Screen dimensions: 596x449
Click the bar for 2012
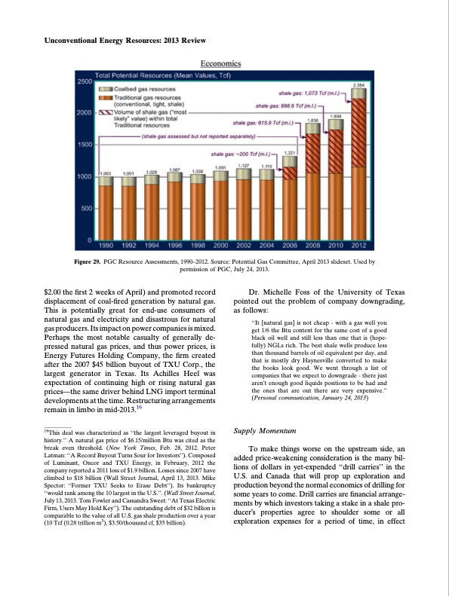pyautogui.click(x=358, y=166)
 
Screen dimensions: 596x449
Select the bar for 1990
pyautogui.click(x=106, y=207)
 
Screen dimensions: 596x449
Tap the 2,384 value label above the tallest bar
pyautogui.click(x=359, y=86)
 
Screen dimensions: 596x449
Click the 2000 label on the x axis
pyautogui.click(x=221, y=246)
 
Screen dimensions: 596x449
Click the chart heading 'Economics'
pyautogui.click(x=220, y=64)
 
